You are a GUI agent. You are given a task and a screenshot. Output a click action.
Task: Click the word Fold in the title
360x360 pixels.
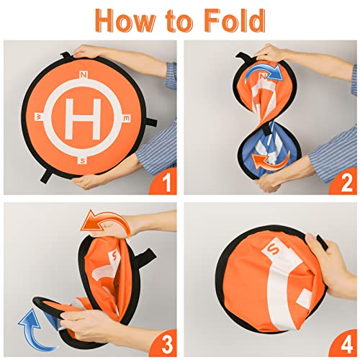click(x=235, y=20)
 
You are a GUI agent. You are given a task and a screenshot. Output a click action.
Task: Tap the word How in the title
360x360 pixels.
click(x=125, y=20)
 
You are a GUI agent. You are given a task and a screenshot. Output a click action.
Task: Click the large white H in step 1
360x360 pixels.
click(x=83, y=119)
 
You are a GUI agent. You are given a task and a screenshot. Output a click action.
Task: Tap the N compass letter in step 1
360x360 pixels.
click(x=84, y=75)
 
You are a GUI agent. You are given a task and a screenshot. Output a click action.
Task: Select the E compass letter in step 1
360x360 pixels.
click(x=127, y=119)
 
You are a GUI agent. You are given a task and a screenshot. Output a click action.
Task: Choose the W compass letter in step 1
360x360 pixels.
click(x=39, y=117)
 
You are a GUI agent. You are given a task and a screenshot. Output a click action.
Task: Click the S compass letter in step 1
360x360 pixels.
click(x=83, y=161)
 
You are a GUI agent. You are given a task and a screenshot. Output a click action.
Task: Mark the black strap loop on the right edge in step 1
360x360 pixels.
click(x=150, y=122)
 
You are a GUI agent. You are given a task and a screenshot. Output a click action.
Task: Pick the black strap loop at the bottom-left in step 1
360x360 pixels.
click(x=47, y=176)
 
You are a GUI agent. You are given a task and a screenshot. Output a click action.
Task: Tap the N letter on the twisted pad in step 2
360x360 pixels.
click(x=263, y=77)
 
